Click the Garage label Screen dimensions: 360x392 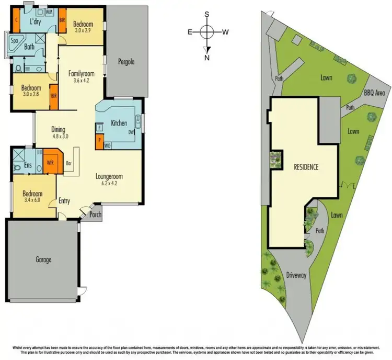[x=44, y=260]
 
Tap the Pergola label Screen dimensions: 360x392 [x=126, y=62]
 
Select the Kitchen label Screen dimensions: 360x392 [x=119, y=124]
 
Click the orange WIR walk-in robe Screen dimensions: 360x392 [x=51, y=163]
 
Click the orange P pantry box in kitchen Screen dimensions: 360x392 [x=99, y=140]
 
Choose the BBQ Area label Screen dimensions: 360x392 [x=374, y=93]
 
